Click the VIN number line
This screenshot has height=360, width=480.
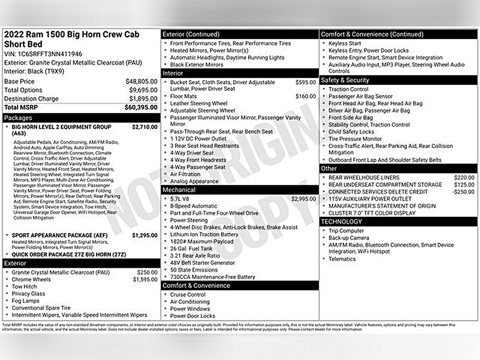pos(43,54)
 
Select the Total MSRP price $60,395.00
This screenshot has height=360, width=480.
pos(141,108)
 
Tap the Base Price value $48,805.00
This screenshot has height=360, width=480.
pos(141,82)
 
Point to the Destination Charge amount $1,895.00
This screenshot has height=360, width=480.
pos(143,99)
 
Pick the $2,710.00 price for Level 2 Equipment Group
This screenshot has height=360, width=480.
pos(144,127)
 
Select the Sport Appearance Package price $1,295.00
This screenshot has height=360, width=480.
pos(144,235)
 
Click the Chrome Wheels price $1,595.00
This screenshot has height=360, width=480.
pos(144,279)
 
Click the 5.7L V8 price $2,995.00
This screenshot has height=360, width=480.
pos(303,199)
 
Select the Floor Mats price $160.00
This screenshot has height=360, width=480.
pos(305,96)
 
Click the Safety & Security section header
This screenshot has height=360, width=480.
pos(345,80)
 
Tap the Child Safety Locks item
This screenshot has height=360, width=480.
pos(351,132)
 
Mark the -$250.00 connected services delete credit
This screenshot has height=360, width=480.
pos(463,192)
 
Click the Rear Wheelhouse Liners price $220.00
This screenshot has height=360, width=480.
pos(464,178)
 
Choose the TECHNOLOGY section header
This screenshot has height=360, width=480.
pos(341,222)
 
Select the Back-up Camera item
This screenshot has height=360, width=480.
pos(348,238)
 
